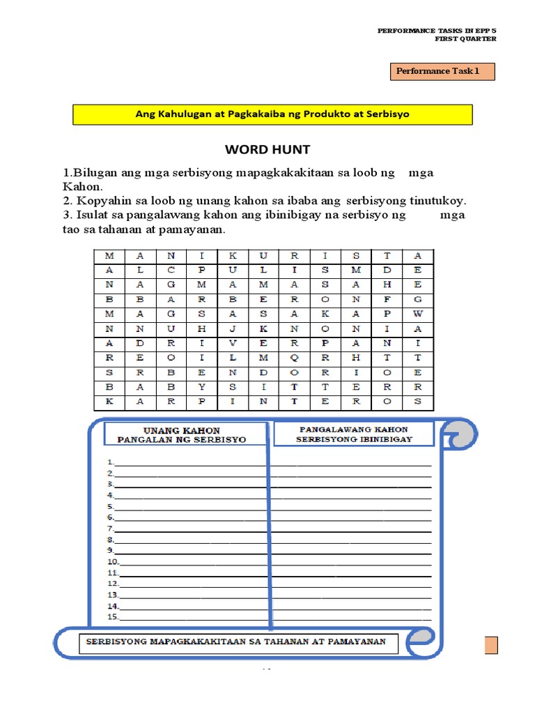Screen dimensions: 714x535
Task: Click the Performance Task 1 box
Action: [x=440, y=71]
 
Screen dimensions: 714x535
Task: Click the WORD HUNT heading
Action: [x=267, y=149]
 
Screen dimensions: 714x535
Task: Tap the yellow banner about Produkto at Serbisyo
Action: [x=272, y=114]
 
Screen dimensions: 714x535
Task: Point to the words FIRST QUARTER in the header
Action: [x=465, y=39]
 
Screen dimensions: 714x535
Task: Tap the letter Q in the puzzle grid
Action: [x=295, y=358]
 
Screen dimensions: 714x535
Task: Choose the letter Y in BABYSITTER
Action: [x=201, y=387]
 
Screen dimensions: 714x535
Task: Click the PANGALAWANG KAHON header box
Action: [x=353, y=434]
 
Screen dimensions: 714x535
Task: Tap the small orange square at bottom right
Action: [x=490, y=645]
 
